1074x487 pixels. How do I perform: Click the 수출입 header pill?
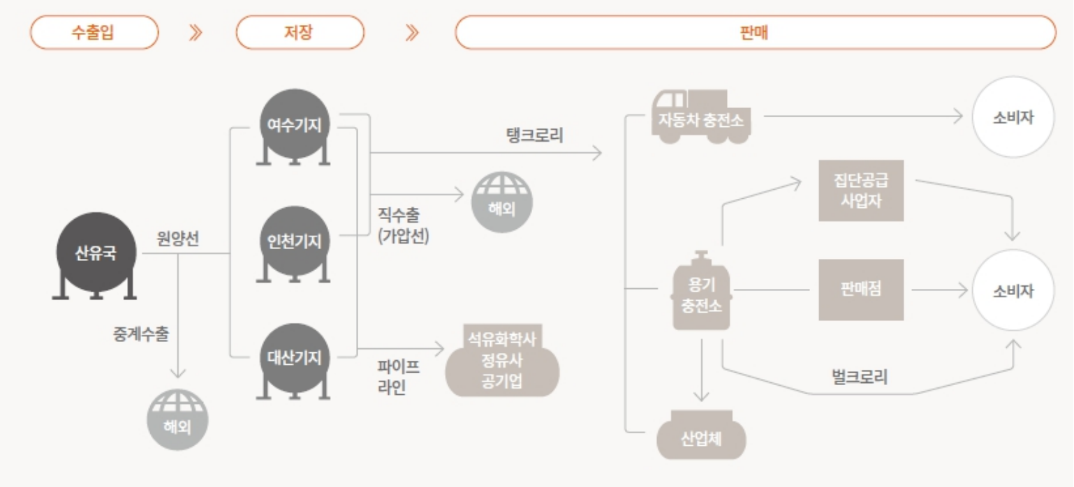[x=94, y=33]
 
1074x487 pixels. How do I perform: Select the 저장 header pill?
[x=300, y=33]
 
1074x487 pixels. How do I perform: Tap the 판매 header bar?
[x=755, y=33]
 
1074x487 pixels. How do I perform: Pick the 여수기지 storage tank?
[x=295, y=126]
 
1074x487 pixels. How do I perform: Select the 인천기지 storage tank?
[x=295, y=241]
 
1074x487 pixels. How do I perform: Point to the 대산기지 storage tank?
[x=295, y=358]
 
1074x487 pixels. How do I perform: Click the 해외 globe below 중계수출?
[x=177, y=420]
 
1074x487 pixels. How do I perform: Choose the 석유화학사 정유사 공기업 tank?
[x=502, y=361]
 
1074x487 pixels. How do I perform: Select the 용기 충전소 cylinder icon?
[x=701, y=292]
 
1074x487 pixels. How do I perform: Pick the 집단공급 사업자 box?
[x=860, y=190]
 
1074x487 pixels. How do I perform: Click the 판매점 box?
[x=860, y=290]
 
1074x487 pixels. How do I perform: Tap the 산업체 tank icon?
[x=701, y=437]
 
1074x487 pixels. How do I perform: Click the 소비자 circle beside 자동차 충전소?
[x=1013, y=117]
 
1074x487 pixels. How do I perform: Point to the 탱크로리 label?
[x=534, y=135]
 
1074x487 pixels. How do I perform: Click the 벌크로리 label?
[x=860, y=377]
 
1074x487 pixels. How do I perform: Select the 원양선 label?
[x=178, y=239]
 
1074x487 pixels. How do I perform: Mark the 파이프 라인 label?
[x=399, y=376]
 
